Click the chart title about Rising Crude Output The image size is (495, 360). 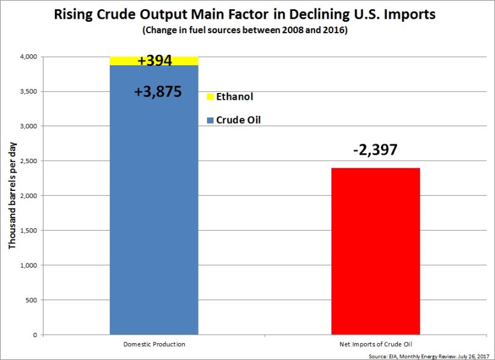click(247, 13)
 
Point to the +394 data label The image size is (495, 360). click(155, 60)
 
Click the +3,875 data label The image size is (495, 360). click(158, 92)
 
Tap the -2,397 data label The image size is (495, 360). click(375, 149)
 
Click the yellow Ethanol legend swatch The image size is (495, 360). click(209, 97)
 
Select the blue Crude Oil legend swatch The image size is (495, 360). click(209, 120)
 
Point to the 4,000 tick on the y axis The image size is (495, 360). click(28, 57)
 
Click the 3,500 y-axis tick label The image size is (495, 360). click(28, 91)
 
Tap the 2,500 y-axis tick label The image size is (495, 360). click(28, 161)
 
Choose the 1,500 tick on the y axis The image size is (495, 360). click(28, 231)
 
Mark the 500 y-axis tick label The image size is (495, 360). click(32, 300)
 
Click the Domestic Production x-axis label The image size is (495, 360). click(155, 344)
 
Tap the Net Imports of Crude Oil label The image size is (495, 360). click(375, 344)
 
